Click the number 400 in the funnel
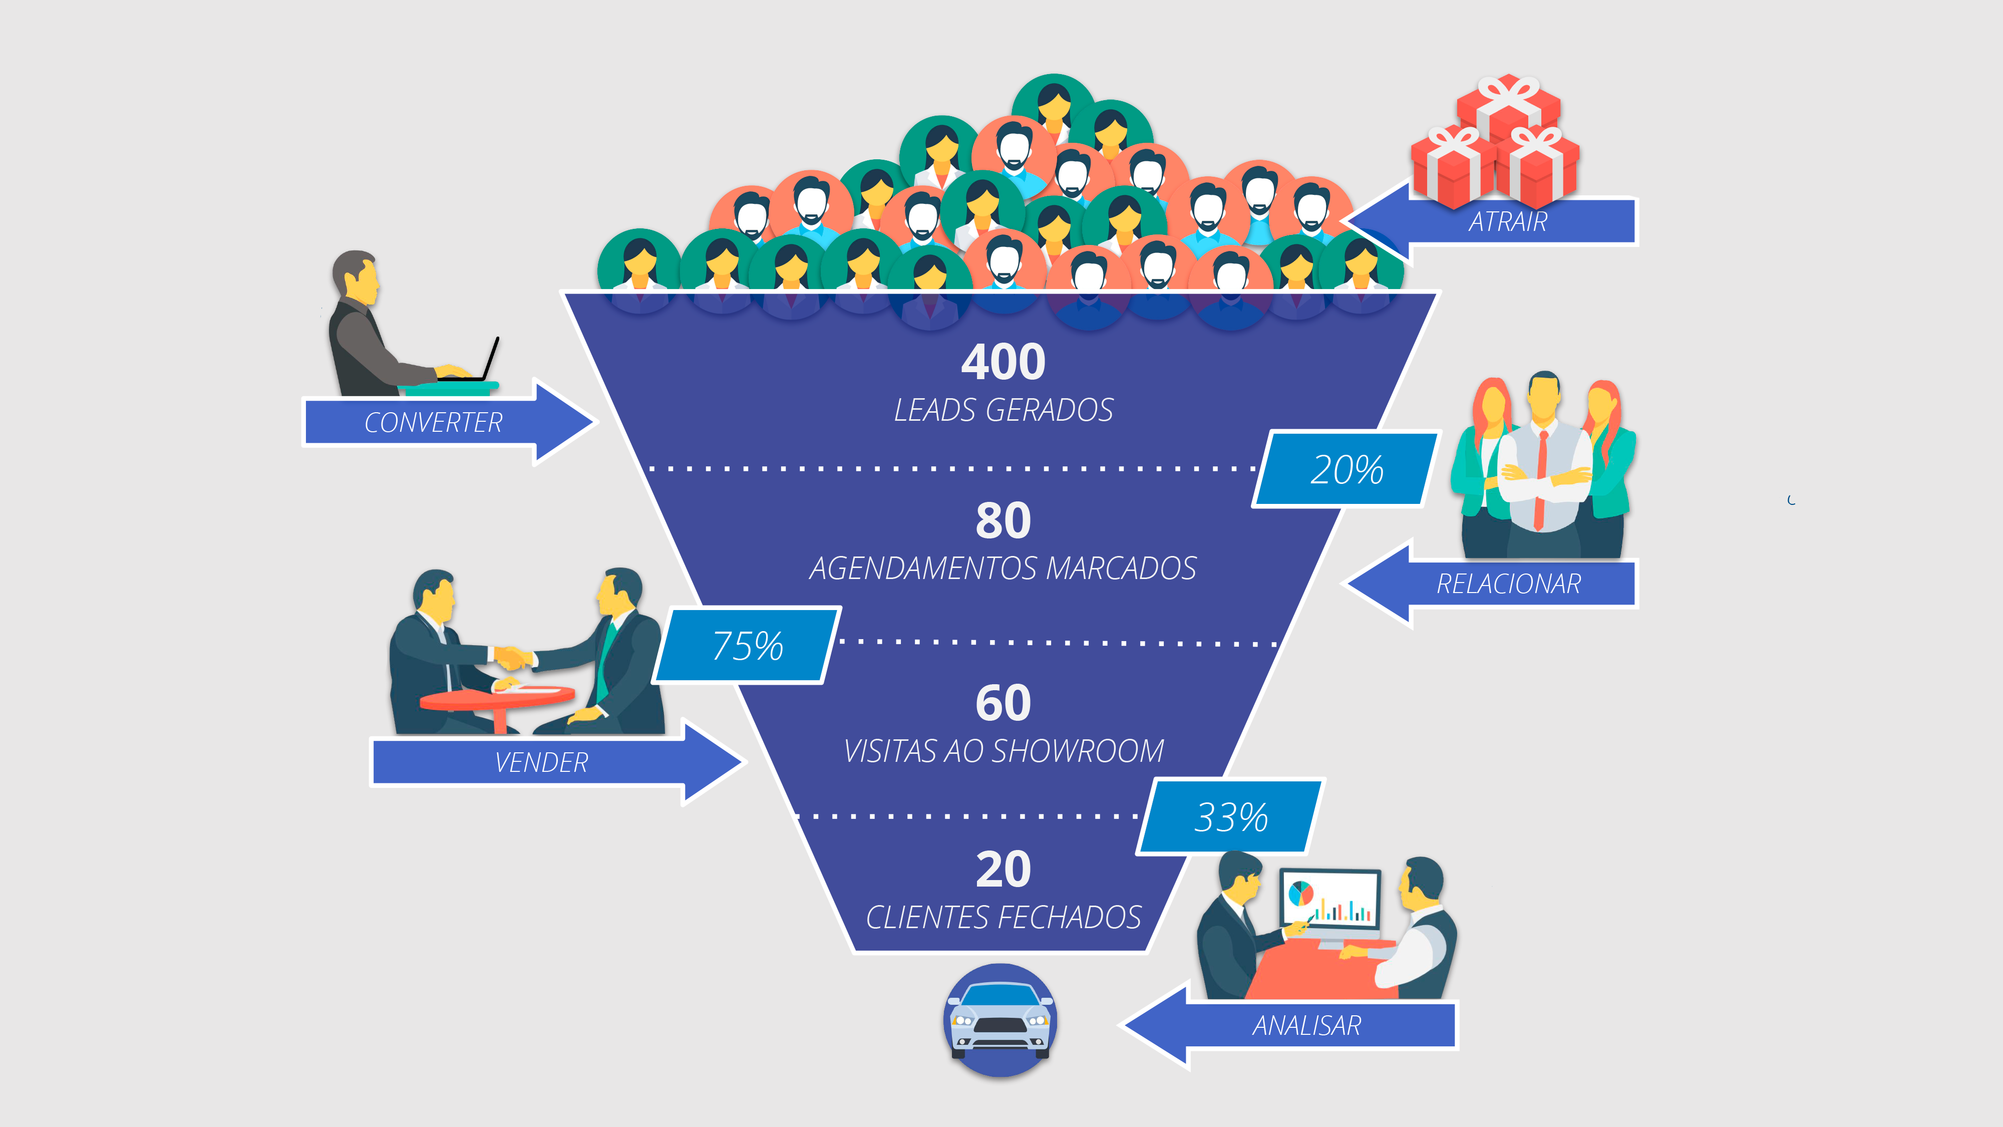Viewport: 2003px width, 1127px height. pos(1003,363)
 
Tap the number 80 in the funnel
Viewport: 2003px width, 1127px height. pos(1003,520)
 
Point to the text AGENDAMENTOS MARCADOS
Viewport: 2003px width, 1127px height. pos(1003,569)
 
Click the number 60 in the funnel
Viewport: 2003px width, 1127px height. pos(1003,703)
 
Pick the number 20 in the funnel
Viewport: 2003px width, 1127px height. pos(1003,870)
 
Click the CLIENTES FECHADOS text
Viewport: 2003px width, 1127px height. pos(1003,918)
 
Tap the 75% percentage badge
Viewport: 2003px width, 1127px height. pos(747,646)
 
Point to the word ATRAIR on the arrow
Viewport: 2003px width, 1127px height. pos(1508,222)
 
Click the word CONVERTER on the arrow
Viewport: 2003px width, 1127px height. pos(433,422)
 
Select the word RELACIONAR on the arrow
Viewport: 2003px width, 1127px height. pos(1508,584)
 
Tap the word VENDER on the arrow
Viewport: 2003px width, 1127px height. pos(541,762)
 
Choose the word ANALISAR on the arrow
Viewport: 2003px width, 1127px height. pos(1306,1026)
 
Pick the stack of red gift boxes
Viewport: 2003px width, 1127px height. pos(1494,144)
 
